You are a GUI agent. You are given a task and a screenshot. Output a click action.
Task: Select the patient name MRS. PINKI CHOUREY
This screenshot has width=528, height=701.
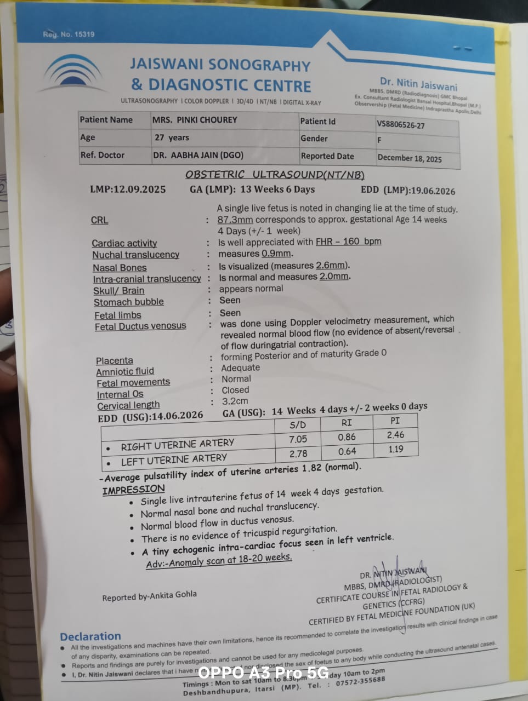pyautogui.click(x=195, y=119)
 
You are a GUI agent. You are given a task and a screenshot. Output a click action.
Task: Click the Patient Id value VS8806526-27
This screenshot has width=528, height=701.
pyautogui.click(x=400, y=125)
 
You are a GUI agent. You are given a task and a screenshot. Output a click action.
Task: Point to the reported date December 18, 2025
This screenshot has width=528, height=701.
pyautogui.click(x=409, y=158)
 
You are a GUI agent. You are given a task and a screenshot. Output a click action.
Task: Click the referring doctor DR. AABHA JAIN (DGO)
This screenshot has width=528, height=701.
pyautogui.click(x=198, y=155)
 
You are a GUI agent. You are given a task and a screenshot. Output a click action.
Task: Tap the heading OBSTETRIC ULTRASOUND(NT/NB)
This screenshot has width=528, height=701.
pyautogui.click(x=275, y=175)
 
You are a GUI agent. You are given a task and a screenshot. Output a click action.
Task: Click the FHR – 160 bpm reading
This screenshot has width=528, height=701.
pyautogui.click(x=348, y=242)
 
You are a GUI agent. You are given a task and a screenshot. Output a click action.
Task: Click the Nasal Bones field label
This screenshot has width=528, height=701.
pyautogui.click(x=120, y=268)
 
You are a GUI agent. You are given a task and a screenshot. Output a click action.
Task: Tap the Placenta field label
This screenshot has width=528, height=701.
pyautogui.click(x=115, y=360)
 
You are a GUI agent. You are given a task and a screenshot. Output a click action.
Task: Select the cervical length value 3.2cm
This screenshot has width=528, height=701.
pyautogui.click(x=235, y=401)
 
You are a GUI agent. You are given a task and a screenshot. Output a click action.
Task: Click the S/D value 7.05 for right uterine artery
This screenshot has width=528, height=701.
pyautogui.click(x=298, y=439)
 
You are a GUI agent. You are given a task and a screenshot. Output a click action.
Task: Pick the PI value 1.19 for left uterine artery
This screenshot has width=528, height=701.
pyautogui.click(x=395, y=450)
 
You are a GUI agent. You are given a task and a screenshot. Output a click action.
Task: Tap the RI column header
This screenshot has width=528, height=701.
pyautogui.click(x=347, y=423)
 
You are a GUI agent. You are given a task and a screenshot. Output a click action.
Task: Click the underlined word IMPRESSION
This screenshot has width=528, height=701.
pyautogui.click(x=133, y=490)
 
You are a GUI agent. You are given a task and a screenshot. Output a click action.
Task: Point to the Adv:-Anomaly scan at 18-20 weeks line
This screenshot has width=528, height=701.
pyautogui.click(x=219, y=560)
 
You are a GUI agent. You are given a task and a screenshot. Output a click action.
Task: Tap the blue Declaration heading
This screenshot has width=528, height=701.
pyautogui.click(x=90, y=636)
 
